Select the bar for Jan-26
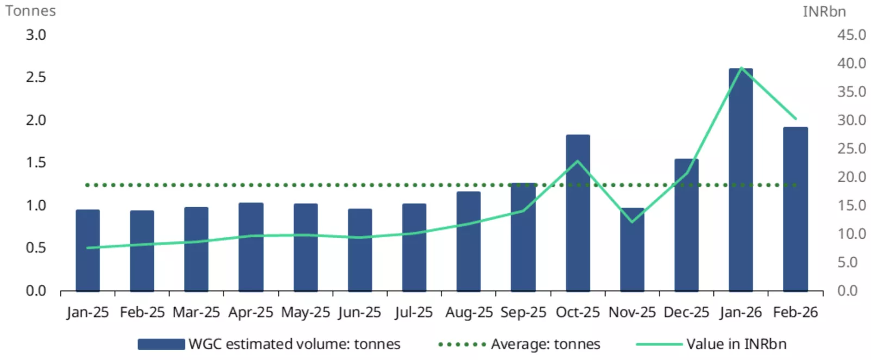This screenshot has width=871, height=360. (x=741, y=179)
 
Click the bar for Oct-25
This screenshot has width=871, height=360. (x=577, y=213)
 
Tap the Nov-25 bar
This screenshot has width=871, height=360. (x=632, y=250)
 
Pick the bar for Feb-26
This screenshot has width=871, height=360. (x=795, y=209)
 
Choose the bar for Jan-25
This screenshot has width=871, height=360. (x=88, y=250)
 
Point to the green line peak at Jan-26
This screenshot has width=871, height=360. (x=741, y=68)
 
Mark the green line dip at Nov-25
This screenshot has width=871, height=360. (x=632, y=221)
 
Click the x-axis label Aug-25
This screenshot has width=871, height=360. (x=469, y=313)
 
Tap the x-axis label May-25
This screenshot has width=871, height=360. (x=306, y=313)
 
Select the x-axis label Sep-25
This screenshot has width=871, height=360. (x=523, y=313)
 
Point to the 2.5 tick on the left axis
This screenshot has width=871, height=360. (x=36, y=77)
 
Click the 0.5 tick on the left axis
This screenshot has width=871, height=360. (x=36, y=248)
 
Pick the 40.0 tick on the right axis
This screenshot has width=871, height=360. (x=851, y=63)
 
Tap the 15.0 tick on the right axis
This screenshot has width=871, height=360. (x=851, y=206)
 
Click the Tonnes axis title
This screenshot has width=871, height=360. (x=30, y=11)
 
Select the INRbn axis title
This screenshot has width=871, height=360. (x=824, y=11)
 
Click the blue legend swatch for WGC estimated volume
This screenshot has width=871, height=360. (x=161, y=344)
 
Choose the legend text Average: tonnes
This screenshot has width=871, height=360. (x=545, y=344)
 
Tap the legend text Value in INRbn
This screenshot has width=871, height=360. (x=736, y=344)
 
